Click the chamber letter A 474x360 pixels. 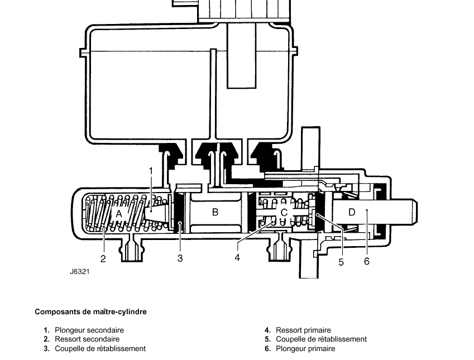pos(119,214)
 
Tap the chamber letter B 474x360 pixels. pos(215,212)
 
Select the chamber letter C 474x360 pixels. pos(284,213)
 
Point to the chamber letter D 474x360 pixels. pos(352,212)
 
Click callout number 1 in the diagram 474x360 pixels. pos(151,171)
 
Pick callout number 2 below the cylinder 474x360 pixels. pos(103,259)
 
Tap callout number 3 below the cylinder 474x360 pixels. pos(180,258)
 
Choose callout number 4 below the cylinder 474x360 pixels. pos(237,257)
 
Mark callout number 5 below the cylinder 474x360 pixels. pos(341,262)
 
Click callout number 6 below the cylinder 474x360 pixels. pos(367,261)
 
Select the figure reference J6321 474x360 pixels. pos(80,271)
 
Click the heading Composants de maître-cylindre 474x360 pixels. pos(90,311)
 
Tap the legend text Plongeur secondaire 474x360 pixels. pos(89,330)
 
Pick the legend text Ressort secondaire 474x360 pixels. pos(87,339)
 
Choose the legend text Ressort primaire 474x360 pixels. pos(304,330)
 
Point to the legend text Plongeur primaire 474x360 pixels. pos(305,348)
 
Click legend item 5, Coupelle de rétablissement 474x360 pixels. pos(322,339)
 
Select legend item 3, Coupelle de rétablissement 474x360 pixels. pos(100,348)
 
